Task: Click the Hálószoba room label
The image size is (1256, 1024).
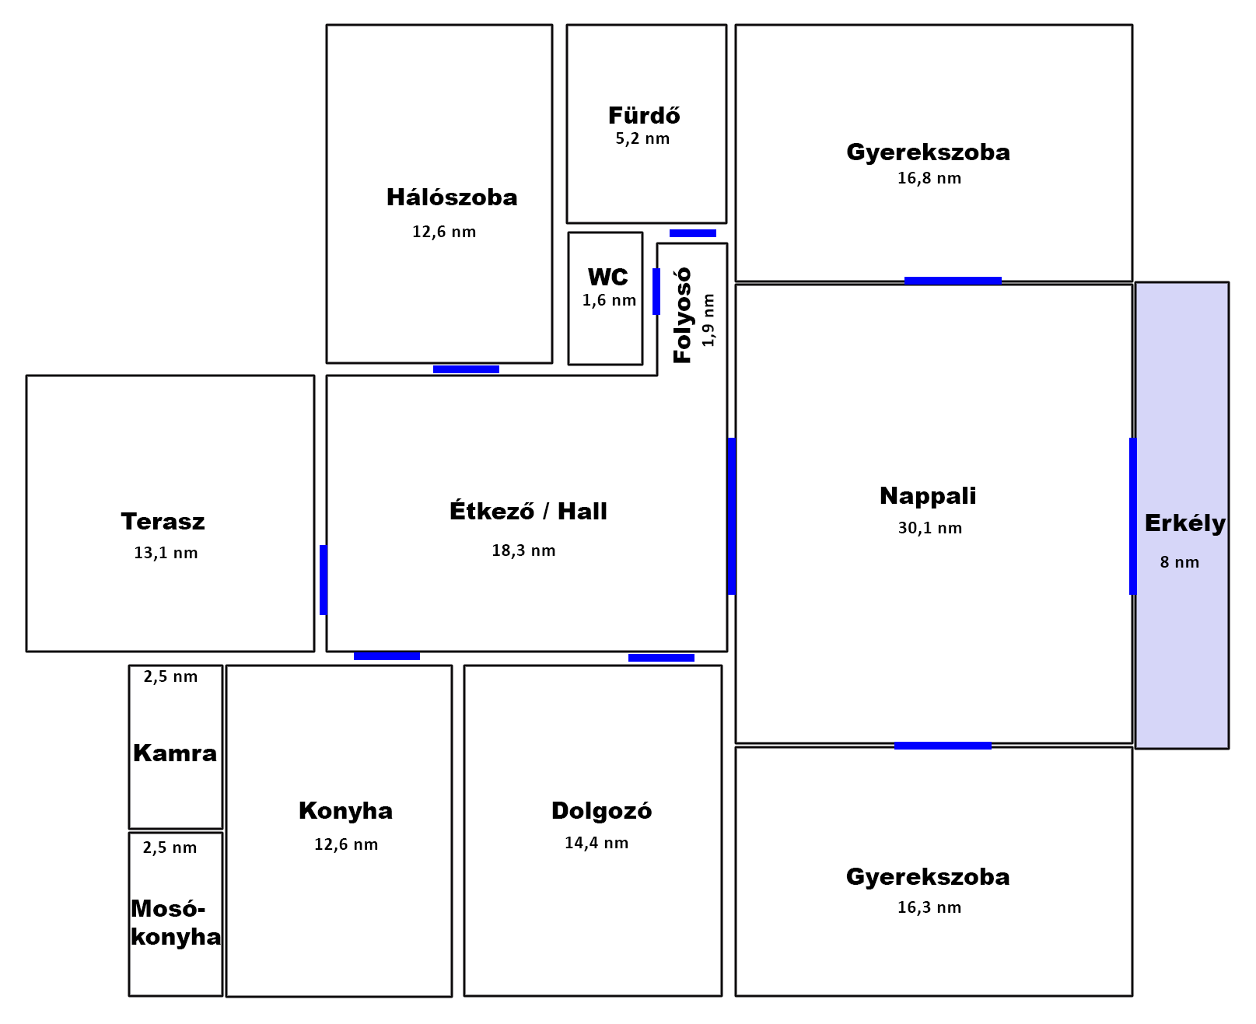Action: pos(452,197)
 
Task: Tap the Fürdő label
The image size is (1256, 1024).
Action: pos(644,116)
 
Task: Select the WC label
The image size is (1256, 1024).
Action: pos(607,278)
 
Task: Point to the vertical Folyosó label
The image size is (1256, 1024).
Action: pos(683,315)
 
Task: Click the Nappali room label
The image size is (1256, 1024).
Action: pos(928,496)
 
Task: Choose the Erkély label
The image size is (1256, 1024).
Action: pos(1184,523)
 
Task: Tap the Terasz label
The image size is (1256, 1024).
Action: pos(163,522)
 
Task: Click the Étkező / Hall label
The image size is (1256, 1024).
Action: pos(528,511)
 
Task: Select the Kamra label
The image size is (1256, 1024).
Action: pos(175,753)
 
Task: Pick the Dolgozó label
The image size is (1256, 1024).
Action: pos(601,811)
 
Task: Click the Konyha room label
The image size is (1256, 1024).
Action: pos(345,811)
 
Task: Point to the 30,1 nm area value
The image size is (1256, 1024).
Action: pos(930,528)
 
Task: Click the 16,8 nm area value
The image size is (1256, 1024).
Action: pos(929,178)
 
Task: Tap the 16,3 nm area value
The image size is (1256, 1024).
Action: pos(929,907)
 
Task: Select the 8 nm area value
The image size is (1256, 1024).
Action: pos(1180,562)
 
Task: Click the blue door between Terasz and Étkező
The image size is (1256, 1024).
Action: pos(324,580)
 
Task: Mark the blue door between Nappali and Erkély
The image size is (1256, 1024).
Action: pos(1133,516)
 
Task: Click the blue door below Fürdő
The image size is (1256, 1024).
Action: pos(693,233)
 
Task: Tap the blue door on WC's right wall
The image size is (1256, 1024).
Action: pos(656,292)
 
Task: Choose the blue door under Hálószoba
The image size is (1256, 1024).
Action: pos(466,369)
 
